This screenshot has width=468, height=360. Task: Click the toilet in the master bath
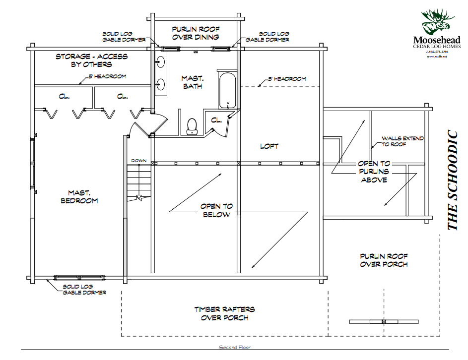tap(192, 127)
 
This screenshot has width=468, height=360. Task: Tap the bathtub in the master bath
tap(228, 91)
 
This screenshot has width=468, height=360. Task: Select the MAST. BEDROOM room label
tap(79, 196)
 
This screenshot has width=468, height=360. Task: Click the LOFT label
tap(269, 146)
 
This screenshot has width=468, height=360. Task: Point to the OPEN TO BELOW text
tap(216, 210)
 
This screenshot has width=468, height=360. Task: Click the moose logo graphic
tap(437, 22)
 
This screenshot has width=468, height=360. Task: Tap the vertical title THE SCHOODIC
tap(453, 180)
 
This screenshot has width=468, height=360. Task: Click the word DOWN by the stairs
tap(138, 161)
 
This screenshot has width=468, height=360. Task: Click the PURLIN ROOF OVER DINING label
tap(195, 33)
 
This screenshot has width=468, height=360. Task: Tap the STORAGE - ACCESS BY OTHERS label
tap(91, 60)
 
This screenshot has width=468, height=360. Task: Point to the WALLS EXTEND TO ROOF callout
tap(402, 141)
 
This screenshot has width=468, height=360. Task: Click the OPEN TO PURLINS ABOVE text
tap(374, 172)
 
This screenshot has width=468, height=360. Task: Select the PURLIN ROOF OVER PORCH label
tap(384, 260)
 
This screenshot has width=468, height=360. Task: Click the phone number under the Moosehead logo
tap(437, 52)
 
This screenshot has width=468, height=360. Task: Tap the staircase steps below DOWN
tap(138, 183)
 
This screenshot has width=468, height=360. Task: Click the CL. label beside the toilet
tap(216, 120)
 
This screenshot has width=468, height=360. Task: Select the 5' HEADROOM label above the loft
tap(287, 78)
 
